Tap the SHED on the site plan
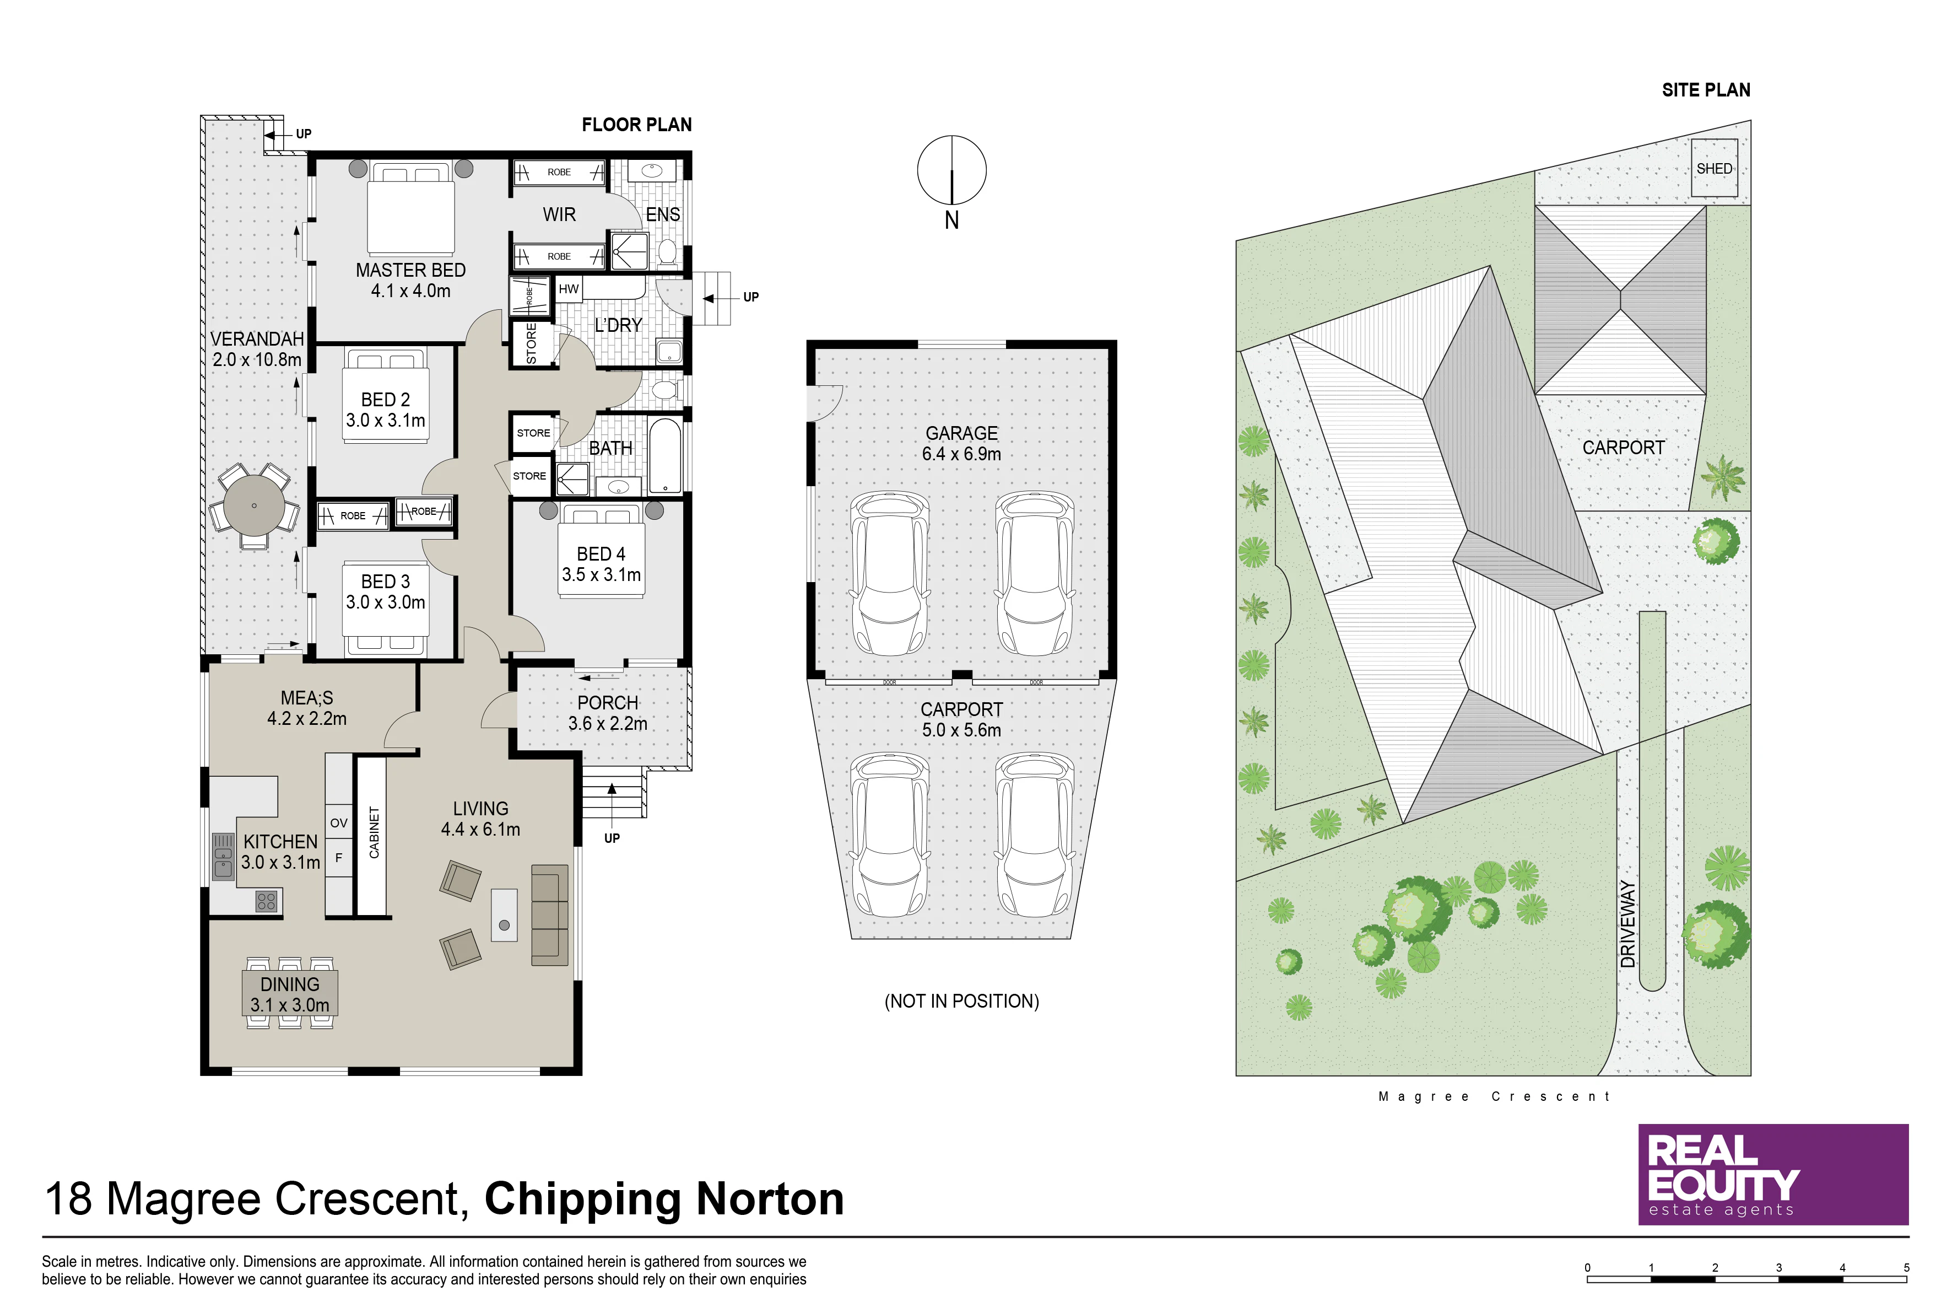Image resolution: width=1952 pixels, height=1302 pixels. point(1714,168)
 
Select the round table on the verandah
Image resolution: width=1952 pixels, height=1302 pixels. point(254,505)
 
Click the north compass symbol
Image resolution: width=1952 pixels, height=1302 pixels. point(952,170)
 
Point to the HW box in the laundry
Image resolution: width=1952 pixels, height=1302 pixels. point(569,289)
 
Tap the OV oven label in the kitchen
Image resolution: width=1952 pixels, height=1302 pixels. point(339,823)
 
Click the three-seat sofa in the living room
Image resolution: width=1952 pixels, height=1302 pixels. point(549,915)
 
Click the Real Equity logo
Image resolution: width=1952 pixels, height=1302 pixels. point(1773,1174)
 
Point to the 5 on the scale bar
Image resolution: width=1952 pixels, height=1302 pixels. point(1906,1268)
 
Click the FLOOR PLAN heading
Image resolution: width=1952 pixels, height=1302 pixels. point(636,125)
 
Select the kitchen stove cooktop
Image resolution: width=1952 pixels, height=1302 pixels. point(267,901)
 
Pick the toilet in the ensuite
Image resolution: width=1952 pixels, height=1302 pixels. point(667,251)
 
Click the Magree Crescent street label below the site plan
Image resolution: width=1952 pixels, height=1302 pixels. point(1494,1096)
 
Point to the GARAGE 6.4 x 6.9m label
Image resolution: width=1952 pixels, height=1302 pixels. point(962,443)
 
